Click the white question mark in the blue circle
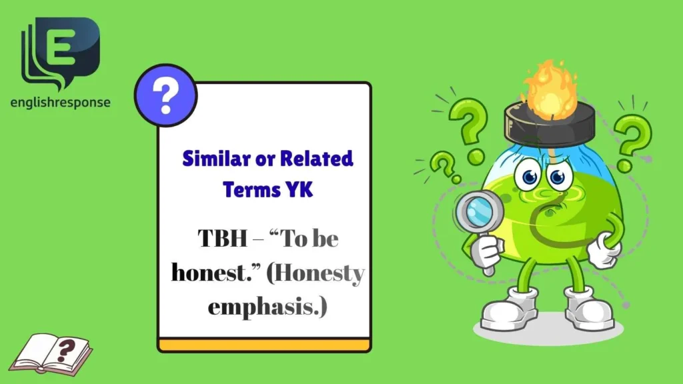point(165,96)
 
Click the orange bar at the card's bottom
point(264,345)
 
